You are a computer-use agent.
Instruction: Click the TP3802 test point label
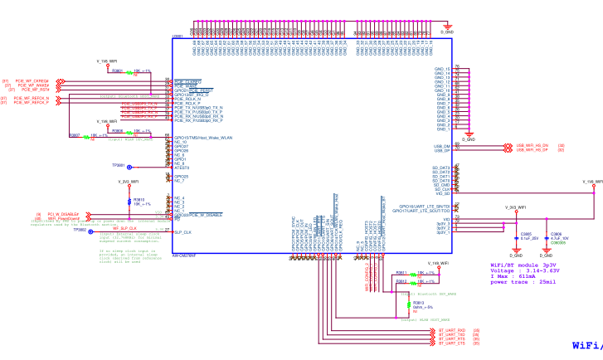pos(80,230)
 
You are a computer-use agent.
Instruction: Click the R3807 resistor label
pos(75,134)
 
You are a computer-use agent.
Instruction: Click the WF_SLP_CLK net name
pos(124,227)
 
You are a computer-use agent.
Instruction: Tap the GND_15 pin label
pos(442,69)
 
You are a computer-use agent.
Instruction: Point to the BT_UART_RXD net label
pos(451,330)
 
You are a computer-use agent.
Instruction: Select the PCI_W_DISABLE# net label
pos(63,214)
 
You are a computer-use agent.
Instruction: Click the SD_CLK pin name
pos(441,189)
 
